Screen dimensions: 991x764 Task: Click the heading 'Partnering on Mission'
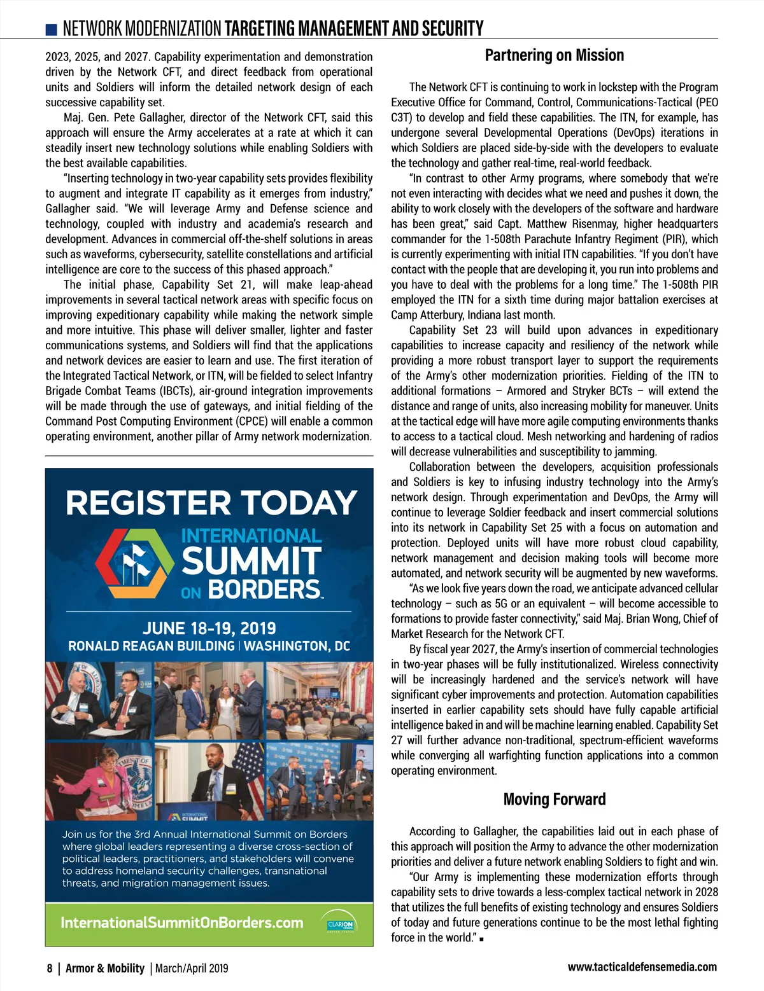[x=554, y=55]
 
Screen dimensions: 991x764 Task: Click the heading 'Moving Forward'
[x=554, y=800]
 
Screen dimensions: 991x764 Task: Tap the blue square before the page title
[x=52, y=29]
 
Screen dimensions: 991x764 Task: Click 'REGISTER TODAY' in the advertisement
[x=211, y=502]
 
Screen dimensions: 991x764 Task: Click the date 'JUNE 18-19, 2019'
[x=209, y=628]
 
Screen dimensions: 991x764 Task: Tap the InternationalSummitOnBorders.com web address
[x=182, y=923]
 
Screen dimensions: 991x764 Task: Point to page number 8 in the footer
[x=50, y=968]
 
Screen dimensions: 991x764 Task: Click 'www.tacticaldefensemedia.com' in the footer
[x=642, y=967]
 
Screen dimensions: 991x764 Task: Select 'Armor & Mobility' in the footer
[x=105, y=968]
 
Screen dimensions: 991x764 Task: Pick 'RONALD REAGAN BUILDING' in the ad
[x=151, y=646]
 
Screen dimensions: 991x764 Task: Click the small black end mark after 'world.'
[x=481, y=939]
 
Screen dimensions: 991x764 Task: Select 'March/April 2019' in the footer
[x=192, y=968]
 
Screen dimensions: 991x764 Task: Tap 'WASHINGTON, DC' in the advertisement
[x=297, y=646]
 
